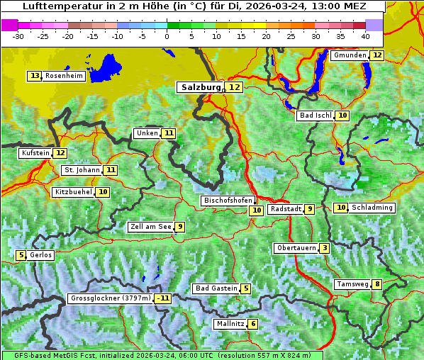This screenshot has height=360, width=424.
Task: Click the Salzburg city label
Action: coord(201,87)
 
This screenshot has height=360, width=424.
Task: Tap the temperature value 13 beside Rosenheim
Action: coord(34,76)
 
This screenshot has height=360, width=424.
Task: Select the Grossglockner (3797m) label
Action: coord(111,298)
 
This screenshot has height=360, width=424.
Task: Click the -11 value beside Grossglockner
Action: coord(163,298)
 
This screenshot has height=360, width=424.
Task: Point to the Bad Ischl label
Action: coord(315,116)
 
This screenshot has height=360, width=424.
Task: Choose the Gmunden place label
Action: coord(350,55)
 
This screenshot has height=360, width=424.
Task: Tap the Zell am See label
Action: coord(150,227)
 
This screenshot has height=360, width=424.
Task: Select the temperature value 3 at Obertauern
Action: coord(324,248)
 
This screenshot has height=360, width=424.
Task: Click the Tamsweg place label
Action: coord(352,284)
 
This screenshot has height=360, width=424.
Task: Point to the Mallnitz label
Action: coord(230,324)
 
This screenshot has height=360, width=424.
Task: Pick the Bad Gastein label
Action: coord(216,288)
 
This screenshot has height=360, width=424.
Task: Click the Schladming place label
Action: coord(372,208)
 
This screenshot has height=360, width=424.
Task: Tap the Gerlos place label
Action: coord(40,255)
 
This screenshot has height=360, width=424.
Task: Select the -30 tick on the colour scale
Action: coord(18,35)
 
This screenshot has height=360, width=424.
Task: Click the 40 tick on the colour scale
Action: coord(364,35)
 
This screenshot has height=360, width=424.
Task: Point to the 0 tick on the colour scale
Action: coord(167,35)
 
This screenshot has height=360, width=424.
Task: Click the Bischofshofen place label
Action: coord(228,201)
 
